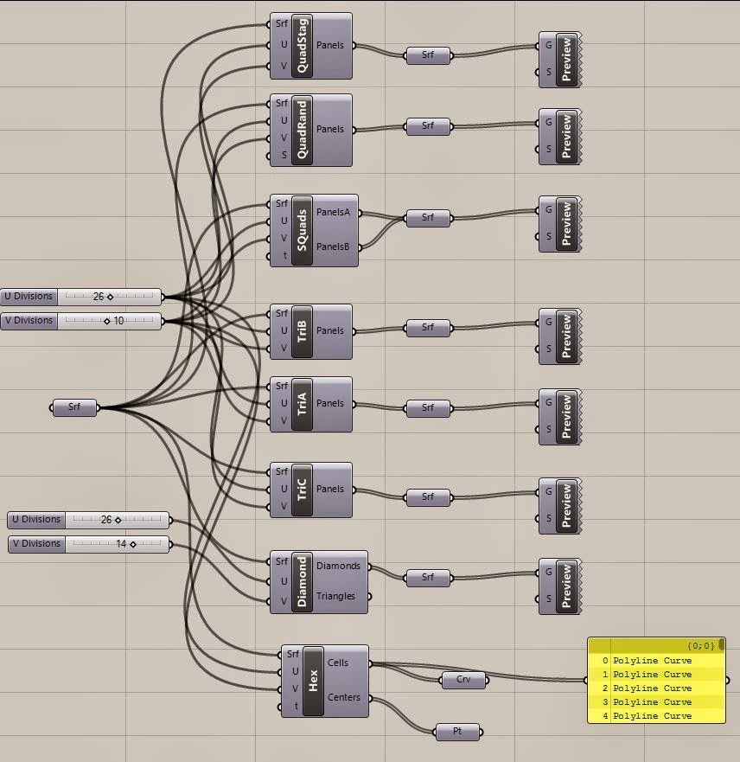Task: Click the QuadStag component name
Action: [302, 46]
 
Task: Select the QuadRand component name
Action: [302, 130]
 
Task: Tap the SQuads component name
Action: [302, 230]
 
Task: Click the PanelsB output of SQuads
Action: [334, 247]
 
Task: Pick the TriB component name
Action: [302, 331]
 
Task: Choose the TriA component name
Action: [302, 404]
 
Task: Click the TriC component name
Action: [302, 490]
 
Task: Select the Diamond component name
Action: [302, 581]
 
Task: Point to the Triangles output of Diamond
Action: [335, 596]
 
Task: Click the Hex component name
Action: [313, 681]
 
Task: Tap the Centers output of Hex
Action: [344, 697]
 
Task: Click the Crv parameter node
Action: [462, 680]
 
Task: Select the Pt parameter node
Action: [457, 732]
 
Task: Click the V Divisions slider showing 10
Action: [108, 321]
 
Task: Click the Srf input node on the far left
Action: [74, 407]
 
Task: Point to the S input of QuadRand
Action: [283, 156]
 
